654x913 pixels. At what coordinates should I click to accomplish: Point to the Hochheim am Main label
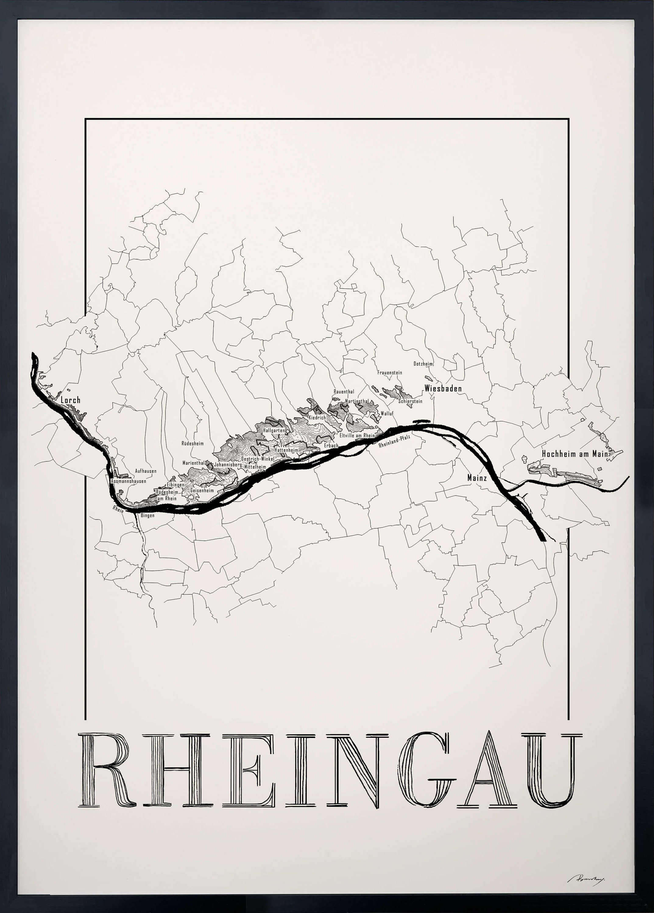[576, 454]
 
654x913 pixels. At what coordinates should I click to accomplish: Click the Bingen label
[147, 516]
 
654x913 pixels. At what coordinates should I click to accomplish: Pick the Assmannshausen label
[129, 481]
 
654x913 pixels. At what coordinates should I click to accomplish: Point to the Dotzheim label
[423, 364]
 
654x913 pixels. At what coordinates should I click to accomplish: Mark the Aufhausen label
[146, 471]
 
